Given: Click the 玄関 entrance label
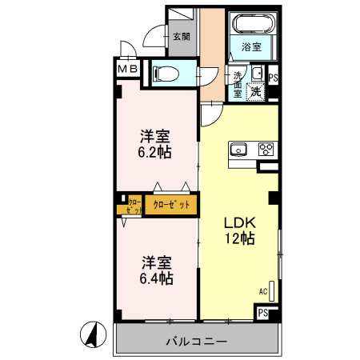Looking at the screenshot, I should [x=181, y=36].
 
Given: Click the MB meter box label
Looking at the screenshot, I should [x=129, y=70].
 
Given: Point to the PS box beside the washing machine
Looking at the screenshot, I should [x=274, y=78].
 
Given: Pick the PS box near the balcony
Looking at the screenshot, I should [x=262, y=314].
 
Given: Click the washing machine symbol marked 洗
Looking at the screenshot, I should [x=256, y=90].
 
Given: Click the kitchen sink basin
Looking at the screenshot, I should [x=238, y=148].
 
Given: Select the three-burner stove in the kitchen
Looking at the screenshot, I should [x=266, y=148].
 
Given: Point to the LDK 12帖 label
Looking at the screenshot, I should [x=238, y=230].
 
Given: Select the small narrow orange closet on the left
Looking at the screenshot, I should [x=130, y=206].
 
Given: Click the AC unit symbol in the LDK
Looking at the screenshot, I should [x=272, y=290].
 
